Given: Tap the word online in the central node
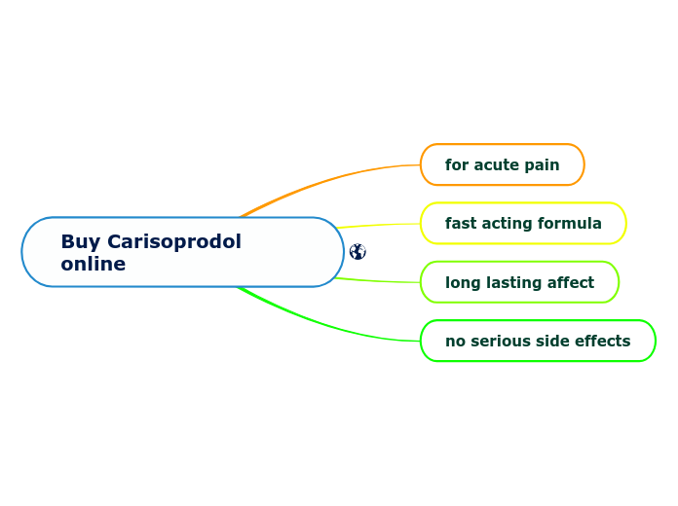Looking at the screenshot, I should point(93,265).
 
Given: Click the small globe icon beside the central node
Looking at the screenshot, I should point(358,252).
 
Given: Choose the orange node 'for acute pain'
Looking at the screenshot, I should point(502,165).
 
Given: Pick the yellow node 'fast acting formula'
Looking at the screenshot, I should point(523,224).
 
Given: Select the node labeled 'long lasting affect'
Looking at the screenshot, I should point(519,283).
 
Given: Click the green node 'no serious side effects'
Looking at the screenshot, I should point(538,342).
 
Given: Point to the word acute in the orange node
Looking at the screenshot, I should point(496,165).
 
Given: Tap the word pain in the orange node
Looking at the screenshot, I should point(541,165).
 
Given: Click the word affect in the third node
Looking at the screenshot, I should point(568,283).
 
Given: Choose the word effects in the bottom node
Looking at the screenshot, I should point(603,342).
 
